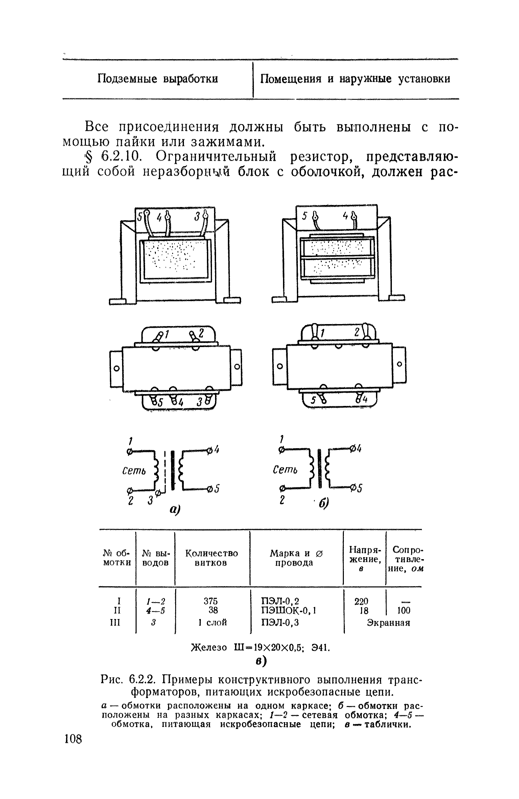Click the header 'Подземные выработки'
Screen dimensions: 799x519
pyautogui.click(x=158, y=79)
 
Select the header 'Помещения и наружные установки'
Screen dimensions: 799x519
pyautogui.click(x=355, y=79)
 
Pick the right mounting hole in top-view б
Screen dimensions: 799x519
pyautogui.click(x=399, y=364)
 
